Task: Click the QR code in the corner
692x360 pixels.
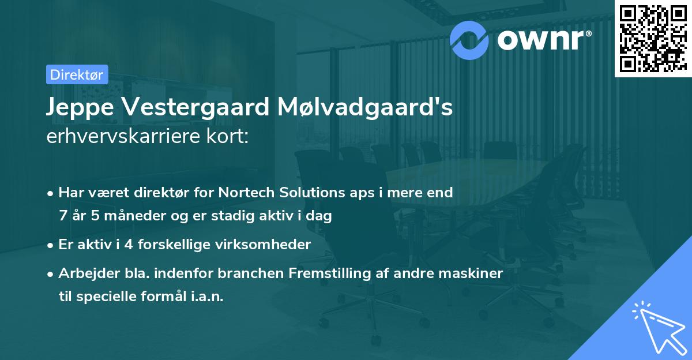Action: point(652,38)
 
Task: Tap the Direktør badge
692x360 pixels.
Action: point(76,74)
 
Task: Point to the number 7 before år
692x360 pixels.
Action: point(62,216)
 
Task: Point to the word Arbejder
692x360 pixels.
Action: point(85,273)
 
